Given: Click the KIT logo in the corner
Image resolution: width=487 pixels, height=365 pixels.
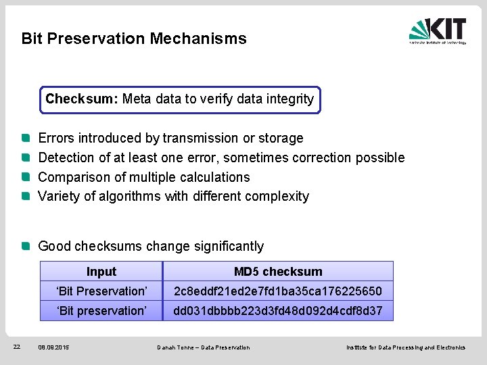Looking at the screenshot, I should [x=438, y=31].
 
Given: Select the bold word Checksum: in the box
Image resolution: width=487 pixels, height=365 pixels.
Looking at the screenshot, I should [x=82, y=99].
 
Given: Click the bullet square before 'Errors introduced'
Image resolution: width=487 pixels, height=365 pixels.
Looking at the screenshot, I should [x=25, y=138].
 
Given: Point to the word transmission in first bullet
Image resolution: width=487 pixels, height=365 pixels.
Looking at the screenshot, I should [x=200, y=139].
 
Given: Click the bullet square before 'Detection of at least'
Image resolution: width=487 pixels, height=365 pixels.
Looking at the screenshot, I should [x=25, y=157].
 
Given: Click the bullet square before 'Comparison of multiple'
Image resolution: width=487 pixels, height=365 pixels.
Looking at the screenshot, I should [x=25, y=177].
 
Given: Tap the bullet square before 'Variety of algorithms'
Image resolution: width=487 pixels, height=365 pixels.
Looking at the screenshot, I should [x=25, y=197].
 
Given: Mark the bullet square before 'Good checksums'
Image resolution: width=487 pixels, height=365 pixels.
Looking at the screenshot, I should [x=25, y=246].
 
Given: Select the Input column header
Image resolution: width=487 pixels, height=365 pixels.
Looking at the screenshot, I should [x=101, y=272].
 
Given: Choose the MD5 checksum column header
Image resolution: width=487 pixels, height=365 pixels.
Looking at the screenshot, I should [x=278, y=272].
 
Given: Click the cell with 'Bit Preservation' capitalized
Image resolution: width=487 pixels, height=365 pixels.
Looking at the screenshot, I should [x=101, y=291].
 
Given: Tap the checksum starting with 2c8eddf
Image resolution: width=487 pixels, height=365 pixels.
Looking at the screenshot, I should [x=278, y=291].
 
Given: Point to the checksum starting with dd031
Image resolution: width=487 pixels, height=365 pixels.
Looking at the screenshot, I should [x=278, y=311].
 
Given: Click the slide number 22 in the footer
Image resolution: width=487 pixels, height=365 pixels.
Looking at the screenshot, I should [x=18, y=347].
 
